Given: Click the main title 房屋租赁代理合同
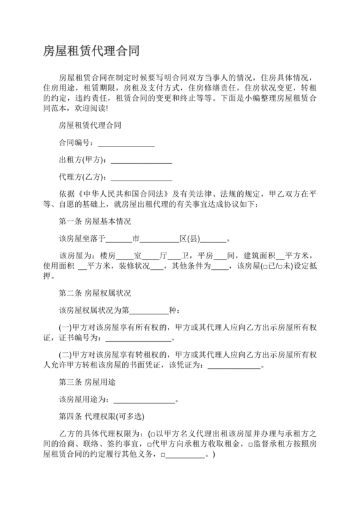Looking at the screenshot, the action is pos(91,50).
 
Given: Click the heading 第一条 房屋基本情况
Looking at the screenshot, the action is pos(94,222).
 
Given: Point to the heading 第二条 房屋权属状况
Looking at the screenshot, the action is pos(94,293).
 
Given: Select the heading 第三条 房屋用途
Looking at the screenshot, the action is pos(87,382).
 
